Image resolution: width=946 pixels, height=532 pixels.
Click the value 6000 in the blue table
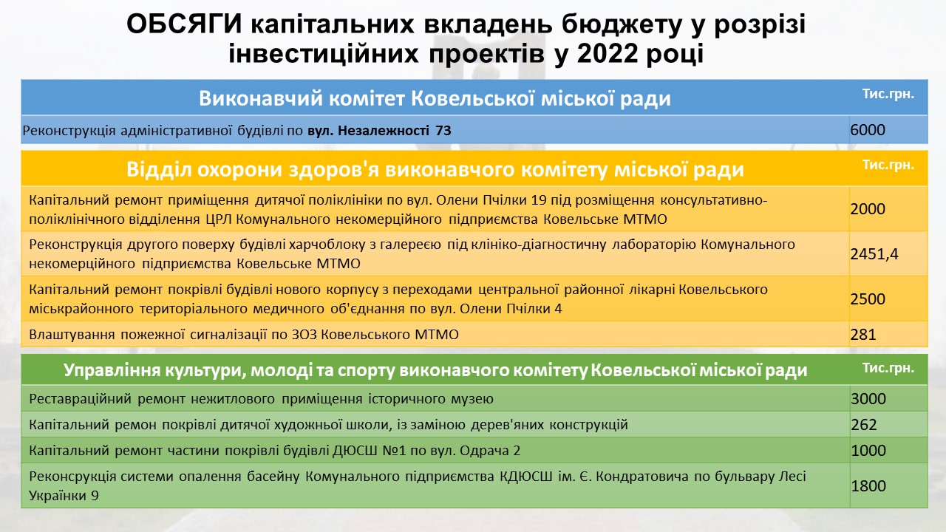tap(868, 129)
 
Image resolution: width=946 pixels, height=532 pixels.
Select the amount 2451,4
tap(874, 253)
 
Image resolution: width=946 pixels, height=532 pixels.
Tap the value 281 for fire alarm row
tap(863, 335)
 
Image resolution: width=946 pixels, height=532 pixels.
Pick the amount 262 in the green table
tap(864, 424)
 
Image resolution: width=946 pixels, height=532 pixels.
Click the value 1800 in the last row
tap(868, 485)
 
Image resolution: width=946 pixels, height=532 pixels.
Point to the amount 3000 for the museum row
tap(868, 398)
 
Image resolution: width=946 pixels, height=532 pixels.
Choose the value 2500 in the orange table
tap(868, 299)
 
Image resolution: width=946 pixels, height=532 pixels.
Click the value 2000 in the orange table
tap(868, 208)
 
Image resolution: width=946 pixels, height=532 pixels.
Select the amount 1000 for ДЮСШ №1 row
tap(868, 450)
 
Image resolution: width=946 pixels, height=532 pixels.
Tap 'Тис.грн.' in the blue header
tap(888, 94)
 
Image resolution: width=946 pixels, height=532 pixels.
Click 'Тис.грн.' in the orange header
tap(888, 165)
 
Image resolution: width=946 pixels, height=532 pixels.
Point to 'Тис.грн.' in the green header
tap(888, 368)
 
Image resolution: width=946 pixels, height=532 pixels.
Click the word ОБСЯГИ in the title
tap(184, 24)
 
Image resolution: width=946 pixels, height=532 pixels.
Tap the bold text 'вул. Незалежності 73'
tap(379, 131)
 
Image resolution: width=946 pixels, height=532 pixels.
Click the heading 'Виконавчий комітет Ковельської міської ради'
tap(435, 98)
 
